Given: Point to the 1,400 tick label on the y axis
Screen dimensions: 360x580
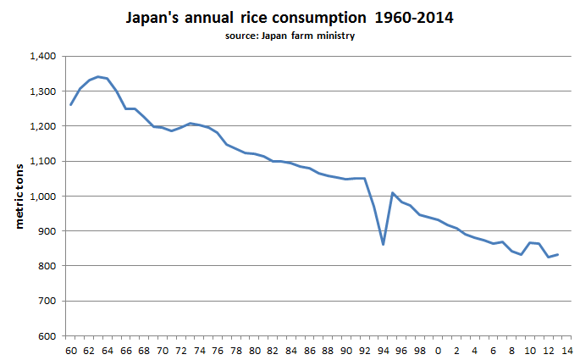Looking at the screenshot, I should [x=41, y=57].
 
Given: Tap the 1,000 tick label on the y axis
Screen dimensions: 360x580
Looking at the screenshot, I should [x=41, y=197].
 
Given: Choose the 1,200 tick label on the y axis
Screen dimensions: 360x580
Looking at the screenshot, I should [x=41, y=126].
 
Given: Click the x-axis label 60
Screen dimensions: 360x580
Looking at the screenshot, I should [x=71, y=348].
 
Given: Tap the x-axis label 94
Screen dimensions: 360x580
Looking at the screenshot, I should [x=383, y=348].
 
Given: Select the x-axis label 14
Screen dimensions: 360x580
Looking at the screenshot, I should [x=566, y=348].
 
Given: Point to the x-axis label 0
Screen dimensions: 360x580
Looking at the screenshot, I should [x=438, y=348].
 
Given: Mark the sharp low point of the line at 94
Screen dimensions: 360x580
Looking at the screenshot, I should [x=383, y=245].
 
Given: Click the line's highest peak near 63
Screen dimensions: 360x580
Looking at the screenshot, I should [x=98, y=76].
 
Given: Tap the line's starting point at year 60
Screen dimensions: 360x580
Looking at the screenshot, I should [x=71, y=104].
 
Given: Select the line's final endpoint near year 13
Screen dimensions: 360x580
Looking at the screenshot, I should [x=557, y=254].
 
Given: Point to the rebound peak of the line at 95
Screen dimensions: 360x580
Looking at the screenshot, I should [x=392, y=193].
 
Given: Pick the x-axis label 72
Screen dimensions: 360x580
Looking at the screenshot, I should [x=181, y=348].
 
